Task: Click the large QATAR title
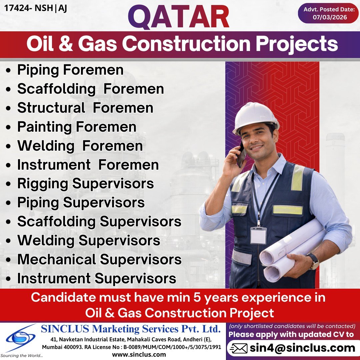(179, 18)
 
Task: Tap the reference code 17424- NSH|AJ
(36, 8)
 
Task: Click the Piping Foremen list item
(70, 70)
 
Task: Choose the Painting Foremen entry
(77, 127)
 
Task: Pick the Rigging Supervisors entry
(85, 184)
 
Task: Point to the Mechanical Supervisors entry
(99, 259)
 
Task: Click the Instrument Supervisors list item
(97, 278)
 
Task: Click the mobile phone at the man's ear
(241, 155)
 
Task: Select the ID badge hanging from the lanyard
(258, 235)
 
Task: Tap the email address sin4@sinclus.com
(302, 348)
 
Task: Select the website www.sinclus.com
(139, 355)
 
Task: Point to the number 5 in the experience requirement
(196, 297)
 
